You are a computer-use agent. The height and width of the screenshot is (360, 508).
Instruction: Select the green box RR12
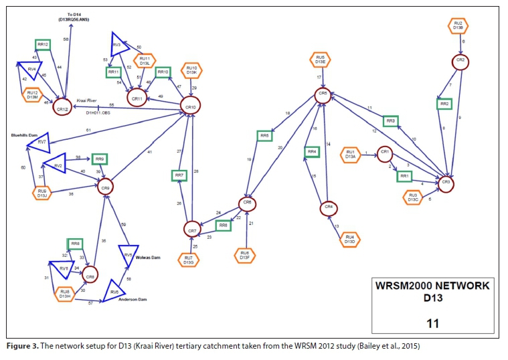(43, 45)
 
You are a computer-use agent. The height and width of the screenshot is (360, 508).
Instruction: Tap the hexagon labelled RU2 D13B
(458, 26)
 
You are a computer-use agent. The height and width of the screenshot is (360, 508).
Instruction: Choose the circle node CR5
(323, 95)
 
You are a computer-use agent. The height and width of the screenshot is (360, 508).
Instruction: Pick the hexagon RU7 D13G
(187, 258)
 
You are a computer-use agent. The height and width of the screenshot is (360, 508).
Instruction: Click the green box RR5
(264, 136)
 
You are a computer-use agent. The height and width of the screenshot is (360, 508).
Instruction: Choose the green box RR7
(179, 175)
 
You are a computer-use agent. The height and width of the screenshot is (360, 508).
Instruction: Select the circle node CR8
(92, 273)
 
